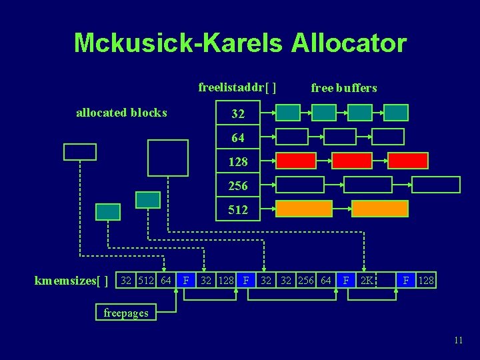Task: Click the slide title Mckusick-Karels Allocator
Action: [x=240, y=43]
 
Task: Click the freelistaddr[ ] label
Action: [x=237, y=87]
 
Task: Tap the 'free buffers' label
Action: [x=344, y=88]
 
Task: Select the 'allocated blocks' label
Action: [x=121, y=113]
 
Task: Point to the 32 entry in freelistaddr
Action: [x=238, y=115]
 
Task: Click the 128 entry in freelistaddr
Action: [x=238, y=162]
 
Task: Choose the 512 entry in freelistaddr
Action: [x=238, y=210]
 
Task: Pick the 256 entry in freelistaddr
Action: [x=238, y=186]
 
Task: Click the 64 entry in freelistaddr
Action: [x=238, y=138]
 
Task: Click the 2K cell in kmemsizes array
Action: [x=367, y=281]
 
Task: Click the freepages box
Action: [x=126, y=313]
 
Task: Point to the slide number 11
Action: [x=458, y=340]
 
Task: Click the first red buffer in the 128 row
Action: [x=296, y=161]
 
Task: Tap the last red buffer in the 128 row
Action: [x=408, y=161]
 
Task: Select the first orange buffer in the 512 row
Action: [x=304, y=209]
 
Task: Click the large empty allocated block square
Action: [x=167, y=157]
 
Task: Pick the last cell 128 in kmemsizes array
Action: [x=426, y=281]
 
